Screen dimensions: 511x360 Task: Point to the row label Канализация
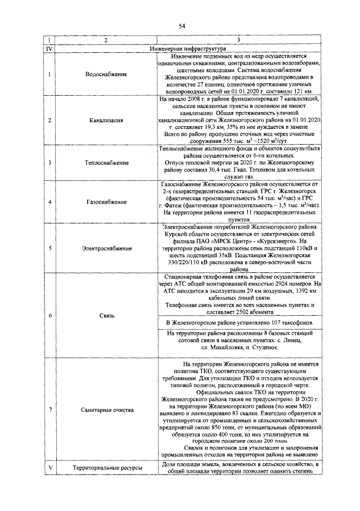[106, 120]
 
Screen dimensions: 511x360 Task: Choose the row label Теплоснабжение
[106, 163]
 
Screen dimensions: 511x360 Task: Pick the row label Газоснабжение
[106, 201]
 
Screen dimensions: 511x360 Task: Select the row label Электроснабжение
[106, 247]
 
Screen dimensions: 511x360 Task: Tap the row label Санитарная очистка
[106, 409]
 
